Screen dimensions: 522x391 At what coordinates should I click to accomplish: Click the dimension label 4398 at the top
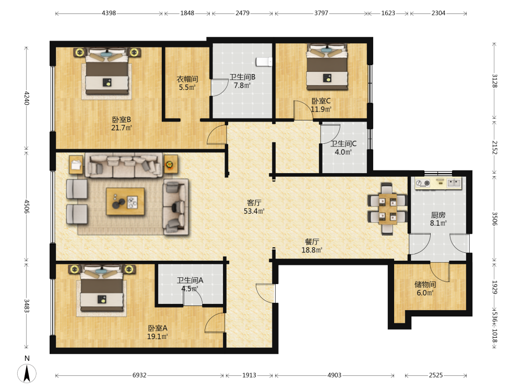(109, 13)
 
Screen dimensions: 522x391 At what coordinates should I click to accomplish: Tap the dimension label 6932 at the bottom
(139, 375)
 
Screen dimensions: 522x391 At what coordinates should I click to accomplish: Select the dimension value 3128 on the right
(495, 81)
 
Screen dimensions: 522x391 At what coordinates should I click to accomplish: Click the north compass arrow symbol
(27, 373)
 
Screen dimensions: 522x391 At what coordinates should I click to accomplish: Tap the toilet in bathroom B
(264, 62)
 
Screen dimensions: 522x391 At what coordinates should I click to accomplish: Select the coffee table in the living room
(125, 201)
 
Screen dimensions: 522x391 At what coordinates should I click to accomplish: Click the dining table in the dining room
(387, 209)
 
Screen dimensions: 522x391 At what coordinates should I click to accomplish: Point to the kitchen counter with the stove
(438, 183)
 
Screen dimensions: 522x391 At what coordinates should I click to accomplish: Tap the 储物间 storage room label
(425, 284)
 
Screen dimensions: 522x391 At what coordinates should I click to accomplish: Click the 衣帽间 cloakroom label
(187, 79)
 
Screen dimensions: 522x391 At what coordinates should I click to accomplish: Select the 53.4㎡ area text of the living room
(254, 211)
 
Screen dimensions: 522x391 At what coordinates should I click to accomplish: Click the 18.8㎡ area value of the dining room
(312, 250)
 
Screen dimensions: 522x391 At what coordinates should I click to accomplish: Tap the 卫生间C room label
(343, 144)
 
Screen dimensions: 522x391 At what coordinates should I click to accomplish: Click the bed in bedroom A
(102, 288)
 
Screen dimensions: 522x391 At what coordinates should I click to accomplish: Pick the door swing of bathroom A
(193, 295)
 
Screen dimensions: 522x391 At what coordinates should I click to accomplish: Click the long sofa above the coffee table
(124, 165)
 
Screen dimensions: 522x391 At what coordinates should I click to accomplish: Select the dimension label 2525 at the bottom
(436, 375)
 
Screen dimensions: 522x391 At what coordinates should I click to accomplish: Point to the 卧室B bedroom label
(122, 119)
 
